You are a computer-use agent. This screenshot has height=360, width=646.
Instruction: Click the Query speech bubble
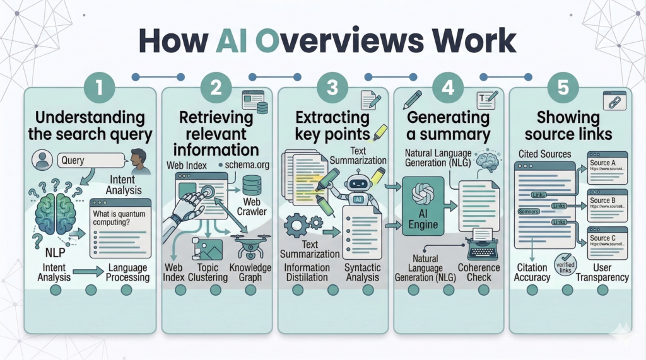(x=81, y=160)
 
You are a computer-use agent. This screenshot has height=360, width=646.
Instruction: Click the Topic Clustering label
(x=208, y=272)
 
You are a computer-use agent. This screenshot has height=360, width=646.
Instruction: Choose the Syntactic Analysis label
(x=363, y=272)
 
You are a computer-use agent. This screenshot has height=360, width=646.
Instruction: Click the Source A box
(x=607, y=167)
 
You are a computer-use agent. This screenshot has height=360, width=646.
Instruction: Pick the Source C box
(x=607, y=242)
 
